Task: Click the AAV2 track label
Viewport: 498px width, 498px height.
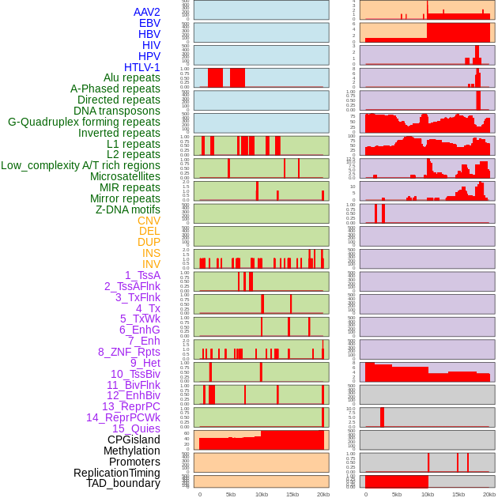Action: pyautogui.click(x=146, y=12)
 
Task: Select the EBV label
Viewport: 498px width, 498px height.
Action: pyautogui.click(x=149, y=23)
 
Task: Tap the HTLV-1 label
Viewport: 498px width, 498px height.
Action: pyautogui.click(x=141, y=67)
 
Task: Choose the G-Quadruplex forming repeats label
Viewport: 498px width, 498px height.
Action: pyautogui.click(x=84, y=122)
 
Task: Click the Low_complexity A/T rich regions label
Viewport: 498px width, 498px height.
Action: pyautogui.click(x=81, y=165)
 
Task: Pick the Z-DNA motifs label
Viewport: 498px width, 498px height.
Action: pyautogui.click(x=127, y=209)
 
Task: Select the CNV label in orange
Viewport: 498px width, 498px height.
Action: pyautogui.click(x=149, y=221)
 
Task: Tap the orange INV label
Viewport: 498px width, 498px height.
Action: pyautogui.click(x=151, y=264)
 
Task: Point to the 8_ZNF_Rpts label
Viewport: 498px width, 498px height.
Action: pyautogui.click(x=129, y=352)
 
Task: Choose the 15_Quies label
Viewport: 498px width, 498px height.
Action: pyautogui.click(x=136, y=428)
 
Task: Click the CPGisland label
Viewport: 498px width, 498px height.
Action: pyautogui.click(x=134, y=440)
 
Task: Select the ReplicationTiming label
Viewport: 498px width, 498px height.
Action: pyautogui.click(x=116, y=473)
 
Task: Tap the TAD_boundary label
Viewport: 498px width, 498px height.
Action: pyautogui.click(x=123, y=483)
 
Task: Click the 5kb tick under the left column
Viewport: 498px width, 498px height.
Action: pyautogui.click(x=231, y=494)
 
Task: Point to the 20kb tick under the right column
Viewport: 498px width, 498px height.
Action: pyautogui.click(x=489, y=494)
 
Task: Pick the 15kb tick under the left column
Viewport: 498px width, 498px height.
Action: pyautogui.click(x=292, y=494)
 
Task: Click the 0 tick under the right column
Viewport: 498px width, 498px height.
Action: pyautogui.click(x=365, y=494)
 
